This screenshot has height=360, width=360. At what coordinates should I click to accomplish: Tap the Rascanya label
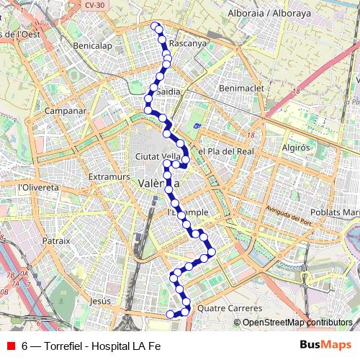pyautogui.click(x=188, y=42)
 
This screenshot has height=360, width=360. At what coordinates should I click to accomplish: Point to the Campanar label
pyautogui.click(x=66, y=112)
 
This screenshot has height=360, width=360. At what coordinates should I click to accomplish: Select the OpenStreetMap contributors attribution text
pyautogui.click(x=297, y=323)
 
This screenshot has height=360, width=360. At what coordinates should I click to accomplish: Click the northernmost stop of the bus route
pyautogui.click(x=155, y=26)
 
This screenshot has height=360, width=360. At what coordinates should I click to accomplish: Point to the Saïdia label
pyautogui.click(x=168, y=92)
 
